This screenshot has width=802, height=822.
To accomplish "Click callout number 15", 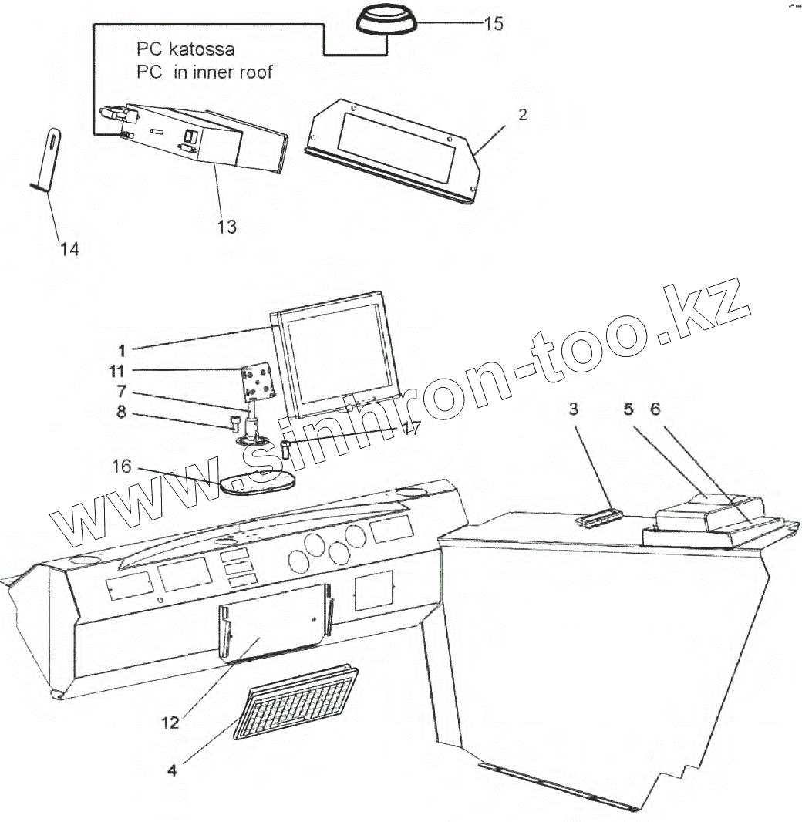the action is [494, 24].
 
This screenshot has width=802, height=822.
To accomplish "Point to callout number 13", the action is [227, 227].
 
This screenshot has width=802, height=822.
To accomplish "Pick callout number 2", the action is [523, 115].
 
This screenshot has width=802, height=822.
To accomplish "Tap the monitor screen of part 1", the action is [336, 354].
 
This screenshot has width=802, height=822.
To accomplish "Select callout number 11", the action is [117, 371].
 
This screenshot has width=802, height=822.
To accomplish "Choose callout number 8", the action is [121, 412].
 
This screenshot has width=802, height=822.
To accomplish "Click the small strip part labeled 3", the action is [598, 516].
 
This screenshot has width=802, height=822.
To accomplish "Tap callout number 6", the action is [655, 409].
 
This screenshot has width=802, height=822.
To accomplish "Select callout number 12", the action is [170, 723].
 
